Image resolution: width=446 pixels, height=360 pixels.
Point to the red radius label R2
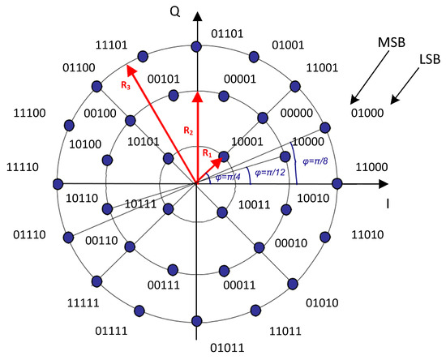point(187,130)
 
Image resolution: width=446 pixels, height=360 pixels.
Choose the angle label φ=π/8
point(315,161)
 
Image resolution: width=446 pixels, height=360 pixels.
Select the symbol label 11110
point(23,166)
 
